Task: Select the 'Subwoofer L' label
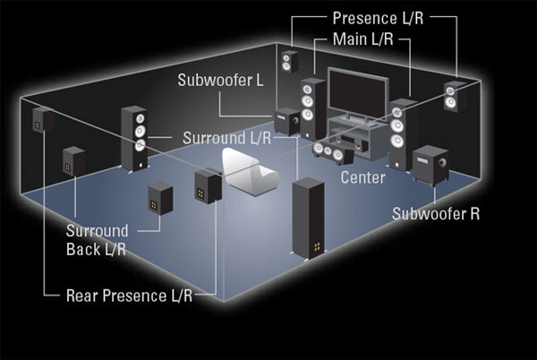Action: click(219, 81)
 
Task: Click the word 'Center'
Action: click(362, 178)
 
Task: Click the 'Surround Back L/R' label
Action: click(96, 240)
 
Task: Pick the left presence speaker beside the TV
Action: click(288, 63)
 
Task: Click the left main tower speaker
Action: click(311, 109)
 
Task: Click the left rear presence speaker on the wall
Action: click(41, 120)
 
